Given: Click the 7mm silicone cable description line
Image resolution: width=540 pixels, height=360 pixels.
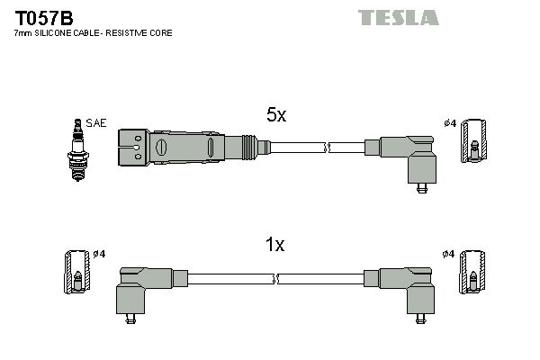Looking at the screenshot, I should pos(94,33).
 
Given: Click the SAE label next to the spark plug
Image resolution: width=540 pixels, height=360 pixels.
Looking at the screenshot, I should pos(94,123).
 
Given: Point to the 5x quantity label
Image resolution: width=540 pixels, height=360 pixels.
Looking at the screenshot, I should pos(274,116).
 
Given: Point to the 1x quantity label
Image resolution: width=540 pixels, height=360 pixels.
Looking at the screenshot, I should pos(274,245).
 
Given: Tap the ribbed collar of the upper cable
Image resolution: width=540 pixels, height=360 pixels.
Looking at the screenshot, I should pos(249,145).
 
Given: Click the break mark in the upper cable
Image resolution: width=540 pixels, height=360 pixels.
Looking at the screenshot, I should pos(328,145).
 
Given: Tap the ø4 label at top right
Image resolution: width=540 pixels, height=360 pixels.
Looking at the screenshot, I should pos(450,123).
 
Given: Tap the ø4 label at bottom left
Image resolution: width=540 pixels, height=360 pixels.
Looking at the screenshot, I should pos(98,254).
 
